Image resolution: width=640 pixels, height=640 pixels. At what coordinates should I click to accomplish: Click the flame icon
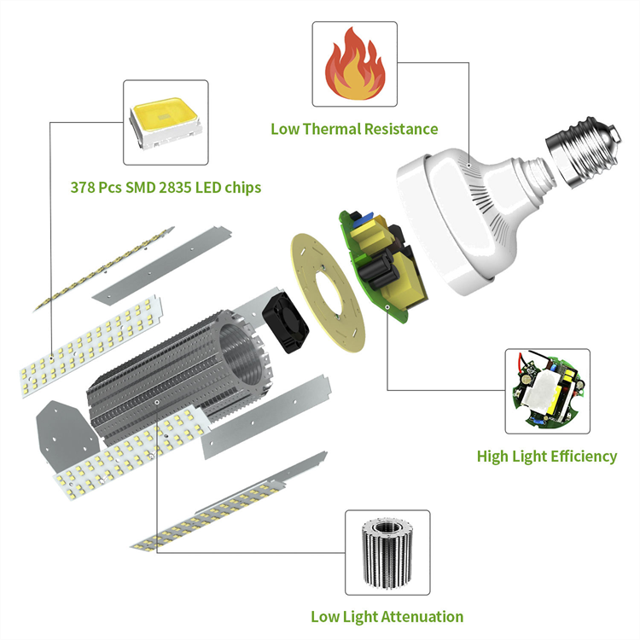pos(354,67)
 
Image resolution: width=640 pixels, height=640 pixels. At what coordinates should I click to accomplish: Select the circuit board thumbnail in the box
pos(547,390)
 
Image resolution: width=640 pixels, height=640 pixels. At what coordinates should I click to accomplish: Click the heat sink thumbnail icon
pos(387,552)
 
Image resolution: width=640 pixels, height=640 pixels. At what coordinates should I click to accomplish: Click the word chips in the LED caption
pos(240,187)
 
